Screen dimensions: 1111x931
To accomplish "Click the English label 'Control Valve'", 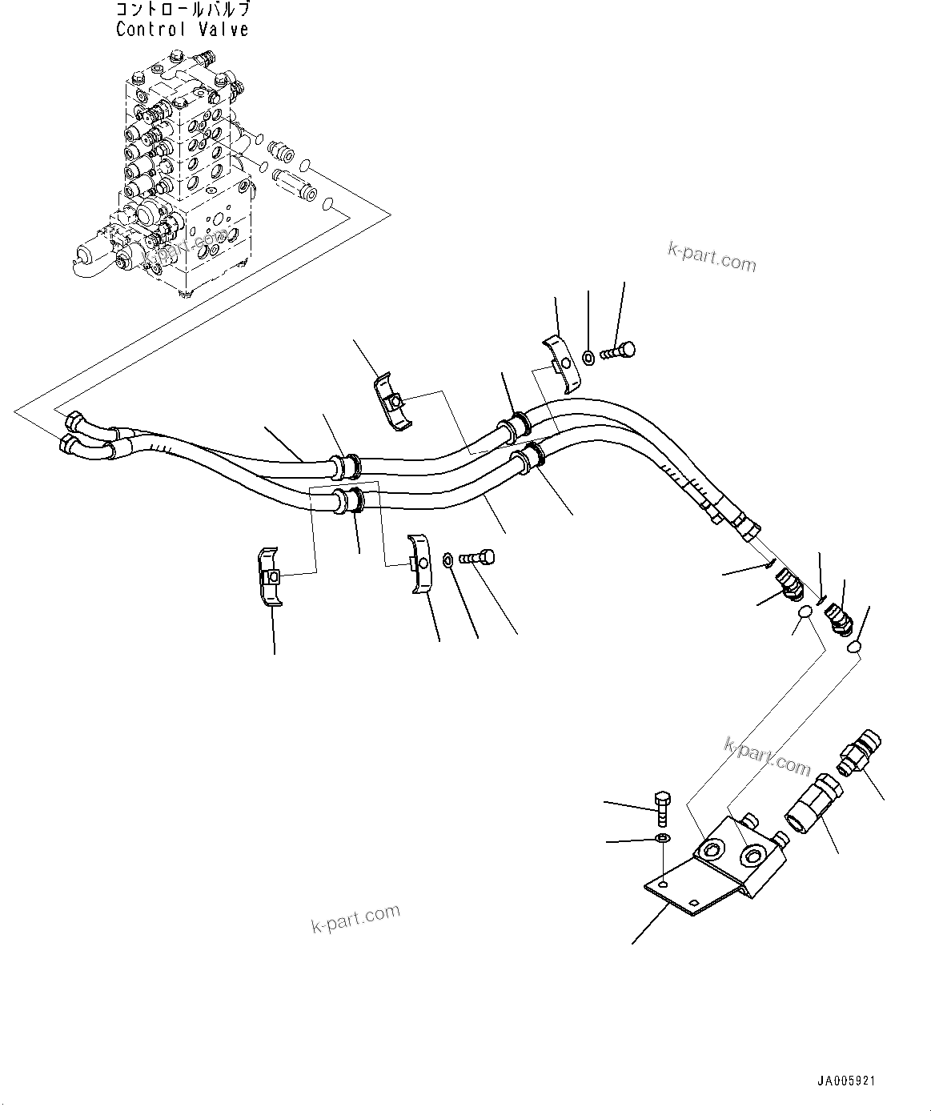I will coord(182,30).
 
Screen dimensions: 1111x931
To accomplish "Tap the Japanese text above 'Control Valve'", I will coord(182,10).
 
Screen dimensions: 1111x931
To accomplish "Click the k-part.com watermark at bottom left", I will coord(355,918).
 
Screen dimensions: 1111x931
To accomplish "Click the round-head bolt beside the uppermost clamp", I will coord(618,350).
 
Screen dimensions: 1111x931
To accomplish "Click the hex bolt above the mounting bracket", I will coord(662,808).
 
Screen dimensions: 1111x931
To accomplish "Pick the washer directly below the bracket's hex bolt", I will coord(662,838).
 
